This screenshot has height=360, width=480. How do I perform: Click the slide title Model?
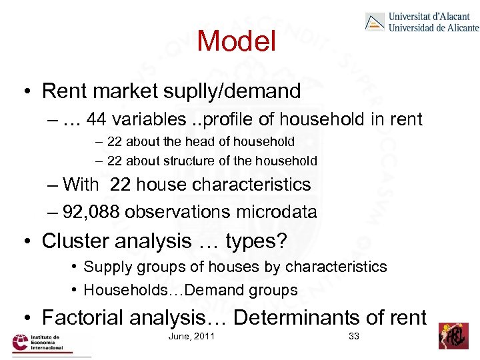click(x=236, y=41)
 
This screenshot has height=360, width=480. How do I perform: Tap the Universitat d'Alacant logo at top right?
click(x=421, y=22)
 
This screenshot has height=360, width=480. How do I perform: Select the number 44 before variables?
click(x=96, y=119)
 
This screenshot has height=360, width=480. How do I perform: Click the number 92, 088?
click(x=91, y=212)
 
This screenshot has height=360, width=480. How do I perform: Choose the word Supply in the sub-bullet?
click(x=107, y=267)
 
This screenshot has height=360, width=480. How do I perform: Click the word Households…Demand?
click(x=191, y=291)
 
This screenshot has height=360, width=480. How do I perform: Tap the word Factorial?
click(x=91, y=317)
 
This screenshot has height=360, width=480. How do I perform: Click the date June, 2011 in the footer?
click(x=192, y=336)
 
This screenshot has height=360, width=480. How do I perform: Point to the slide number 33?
click(x=354, y=336)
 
